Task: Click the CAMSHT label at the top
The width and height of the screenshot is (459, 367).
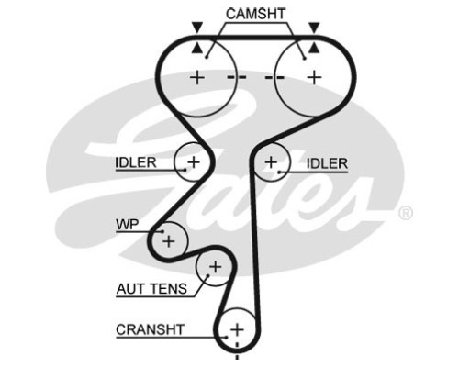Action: [255, 14]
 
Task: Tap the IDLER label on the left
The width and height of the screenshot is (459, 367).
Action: [136, 162]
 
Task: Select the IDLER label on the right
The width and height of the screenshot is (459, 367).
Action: [327, 163]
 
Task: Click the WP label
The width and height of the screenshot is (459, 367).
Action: [128, 225]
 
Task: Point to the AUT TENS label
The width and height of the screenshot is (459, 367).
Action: [151, 289]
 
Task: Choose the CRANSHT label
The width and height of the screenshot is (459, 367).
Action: [151, 329]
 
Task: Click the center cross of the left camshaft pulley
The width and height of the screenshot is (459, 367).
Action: [197, 77]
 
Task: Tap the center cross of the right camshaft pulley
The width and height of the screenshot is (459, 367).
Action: [314, 77]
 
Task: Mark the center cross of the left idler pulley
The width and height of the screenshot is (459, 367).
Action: [194, 161]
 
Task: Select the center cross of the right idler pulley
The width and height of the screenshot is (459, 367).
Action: [271, 162]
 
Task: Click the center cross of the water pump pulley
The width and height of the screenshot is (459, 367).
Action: [169, 241]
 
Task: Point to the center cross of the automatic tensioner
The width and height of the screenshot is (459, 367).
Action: [215, 267]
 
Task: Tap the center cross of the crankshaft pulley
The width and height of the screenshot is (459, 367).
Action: [237, 329]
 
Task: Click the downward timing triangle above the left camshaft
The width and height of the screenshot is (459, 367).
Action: [197, 28]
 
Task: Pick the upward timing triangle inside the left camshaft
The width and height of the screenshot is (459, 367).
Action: [197, 49]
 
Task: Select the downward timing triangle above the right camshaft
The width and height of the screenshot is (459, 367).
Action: [314, 28]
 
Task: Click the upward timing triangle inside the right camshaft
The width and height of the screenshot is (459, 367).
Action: [314, 49]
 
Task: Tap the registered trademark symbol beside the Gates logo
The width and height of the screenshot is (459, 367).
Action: [406, 213]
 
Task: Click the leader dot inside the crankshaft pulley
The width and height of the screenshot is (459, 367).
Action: [227, 338]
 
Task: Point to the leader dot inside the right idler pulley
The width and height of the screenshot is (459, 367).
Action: [279, 172]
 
